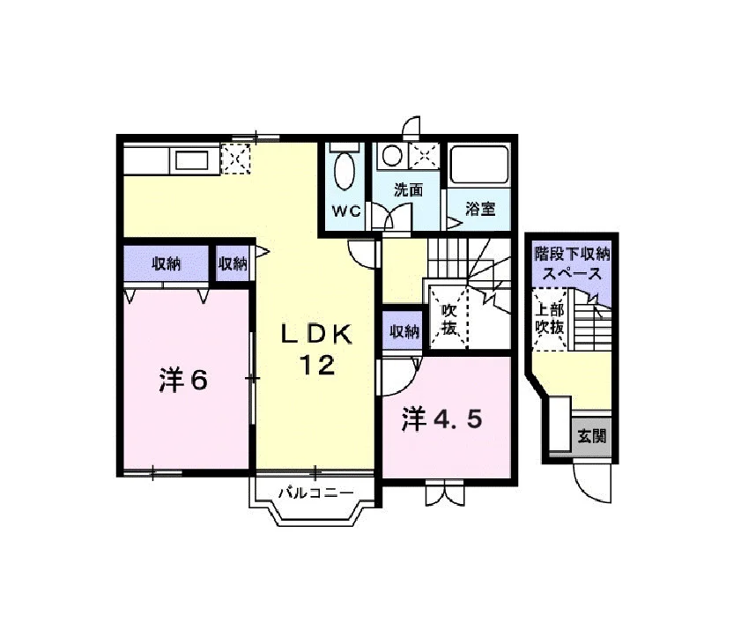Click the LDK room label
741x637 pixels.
[x=316, y=335]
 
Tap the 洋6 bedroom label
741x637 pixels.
[x=183, y=380]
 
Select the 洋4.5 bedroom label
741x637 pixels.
[x=441, y=419]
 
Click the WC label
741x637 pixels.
[x=346, y=211]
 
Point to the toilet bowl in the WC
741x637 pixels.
[x=344, y=171]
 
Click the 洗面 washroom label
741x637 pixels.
[x=408, y=190]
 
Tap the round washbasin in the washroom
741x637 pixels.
[x=392, y=155]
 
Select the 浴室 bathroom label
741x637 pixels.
[x=480, y=209]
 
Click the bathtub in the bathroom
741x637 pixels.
[x=479, y=165]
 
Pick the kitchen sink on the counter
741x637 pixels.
[x=191, y=159]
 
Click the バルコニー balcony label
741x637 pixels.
[x=315, y=493]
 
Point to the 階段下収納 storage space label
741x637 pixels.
[x=573, y=263]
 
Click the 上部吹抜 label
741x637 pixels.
[x=550, y=319]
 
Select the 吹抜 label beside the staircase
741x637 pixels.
[x=449, y=319]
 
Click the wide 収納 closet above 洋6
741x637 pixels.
[x=166, y=263]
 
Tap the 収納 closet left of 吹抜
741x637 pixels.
[x=404, y=331]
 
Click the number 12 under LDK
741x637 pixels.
[x=317, y=365]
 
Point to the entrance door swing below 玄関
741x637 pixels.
[x=592, y=483]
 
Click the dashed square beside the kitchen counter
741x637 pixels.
[x=235, y=158]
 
